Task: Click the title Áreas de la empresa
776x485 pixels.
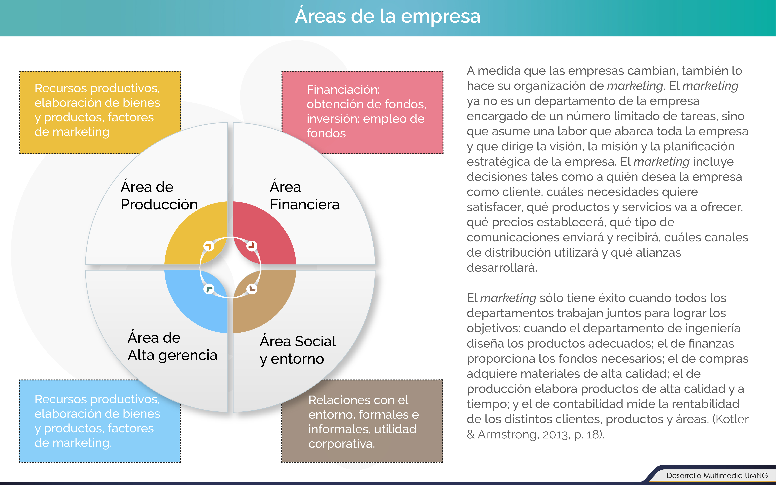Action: tap(388, 16)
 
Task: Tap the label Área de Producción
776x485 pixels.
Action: tap(159, 195)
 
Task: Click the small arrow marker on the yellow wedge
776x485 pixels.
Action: tap(209, 246)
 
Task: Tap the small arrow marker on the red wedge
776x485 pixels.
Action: tap(252, 246)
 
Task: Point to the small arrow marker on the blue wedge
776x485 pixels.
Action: tap(209, 289)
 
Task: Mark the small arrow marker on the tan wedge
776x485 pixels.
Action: tap(252, 289)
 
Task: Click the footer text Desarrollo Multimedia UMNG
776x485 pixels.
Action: tap(717, 475)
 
